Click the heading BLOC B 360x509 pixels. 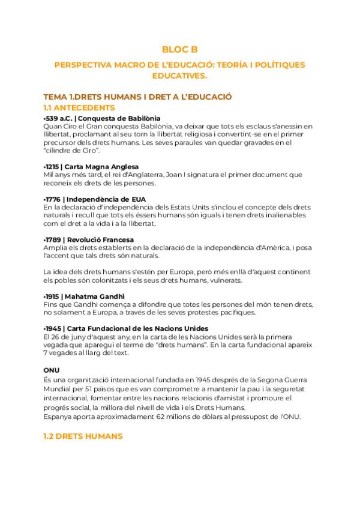point(179,50)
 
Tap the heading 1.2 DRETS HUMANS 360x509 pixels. point(83,436)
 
